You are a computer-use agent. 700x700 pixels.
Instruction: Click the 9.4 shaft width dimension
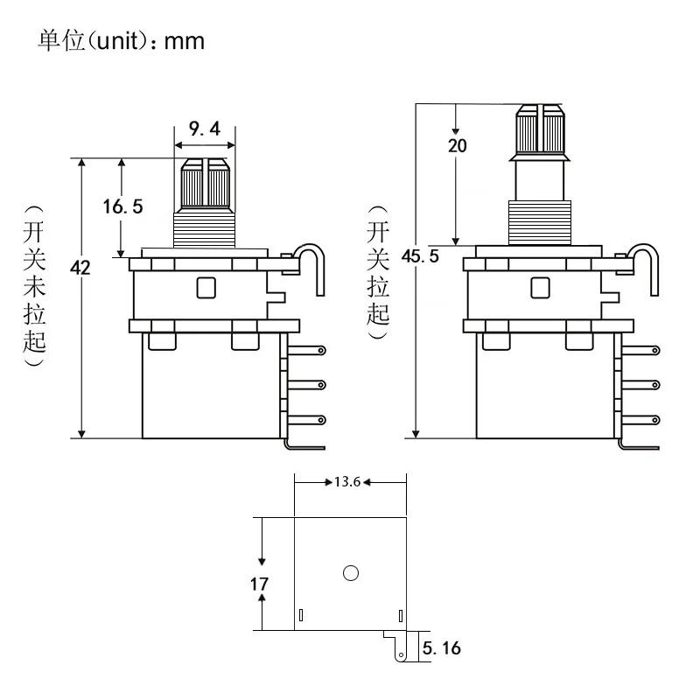204,130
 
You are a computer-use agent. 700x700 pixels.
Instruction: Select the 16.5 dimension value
122,206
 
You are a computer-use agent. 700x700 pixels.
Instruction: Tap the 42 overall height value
80,269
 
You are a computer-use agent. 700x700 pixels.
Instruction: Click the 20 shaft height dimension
457,146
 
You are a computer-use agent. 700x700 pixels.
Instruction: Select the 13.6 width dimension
348,481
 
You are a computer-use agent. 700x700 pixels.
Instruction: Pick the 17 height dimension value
260,583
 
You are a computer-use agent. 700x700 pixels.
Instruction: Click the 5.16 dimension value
440,648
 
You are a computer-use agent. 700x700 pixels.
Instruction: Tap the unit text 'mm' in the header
184,41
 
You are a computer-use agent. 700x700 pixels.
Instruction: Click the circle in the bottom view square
352,573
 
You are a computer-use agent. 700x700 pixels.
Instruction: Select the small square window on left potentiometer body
206,287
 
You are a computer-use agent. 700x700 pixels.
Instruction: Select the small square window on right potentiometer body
540,287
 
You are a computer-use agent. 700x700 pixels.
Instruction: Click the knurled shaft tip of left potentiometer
205,182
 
